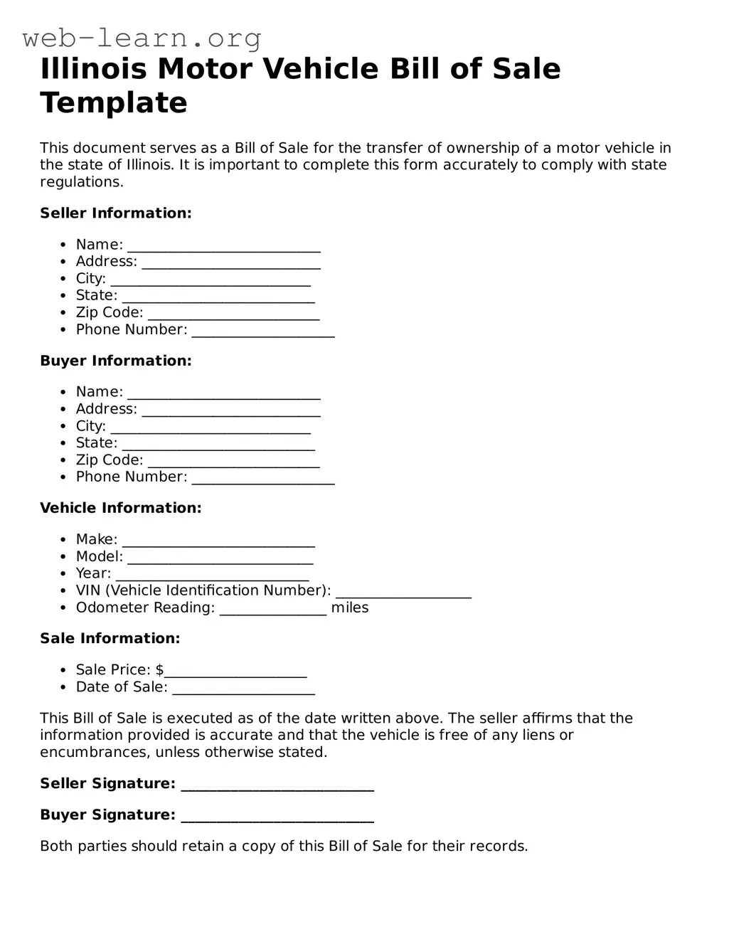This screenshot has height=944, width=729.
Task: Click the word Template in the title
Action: [x=114, y=102]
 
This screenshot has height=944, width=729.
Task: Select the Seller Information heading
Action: [x=116, y=213]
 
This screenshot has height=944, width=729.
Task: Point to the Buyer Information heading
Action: [x=116, y=361]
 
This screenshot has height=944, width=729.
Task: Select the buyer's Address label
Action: [x=106, y=409]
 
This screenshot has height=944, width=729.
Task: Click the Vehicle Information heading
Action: [x=121, y=508]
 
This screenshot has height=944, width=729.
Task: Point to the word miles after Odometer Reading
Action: [x=350, y=608]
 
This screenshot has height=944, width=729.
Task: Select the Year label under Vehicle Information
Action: [x=93, y=573]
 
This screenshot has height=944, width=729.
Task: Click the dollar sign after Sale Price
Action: [x=160, y=670]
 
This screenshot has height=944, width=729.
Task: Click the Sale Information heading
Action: [x=110, y=638]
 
